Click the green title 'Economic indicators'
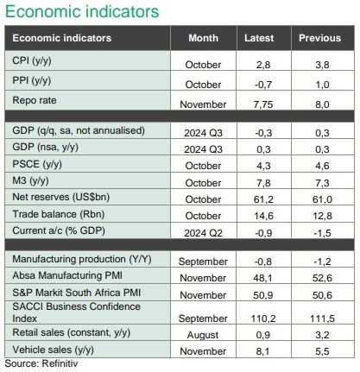pos(82,12)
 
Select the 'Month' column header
pos(203,38)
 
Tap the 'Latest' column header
pos(259,38)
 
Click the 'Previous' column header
pos(319,38)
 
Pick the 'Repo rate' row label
pos(35,100)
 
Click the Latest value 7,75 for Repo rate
pos(263,104)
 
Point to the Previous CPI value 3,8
pos(322,65)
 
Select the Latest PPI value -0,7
pos(263,85)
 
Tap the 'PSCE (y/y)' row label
pos(37,164)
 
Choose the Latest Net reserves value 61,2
pos(263,199)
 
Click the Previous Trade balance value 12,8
pos(322,216)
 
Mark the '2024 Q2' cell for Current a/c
pos(203,233)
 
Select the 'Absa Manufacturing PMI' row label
pos(67,275)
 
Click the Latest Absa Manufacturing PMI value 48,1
pos(262,278)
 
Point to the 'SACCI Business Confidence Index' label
pos(76,312)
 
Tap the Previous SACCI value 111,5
pos(322,318)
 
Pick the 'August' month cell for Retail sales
pos(203,335)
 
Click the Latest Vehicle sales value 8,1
pos(262,351)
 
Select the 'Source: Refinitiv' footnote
pos(41,363)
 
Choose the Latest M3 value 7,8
pos(263,183)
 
